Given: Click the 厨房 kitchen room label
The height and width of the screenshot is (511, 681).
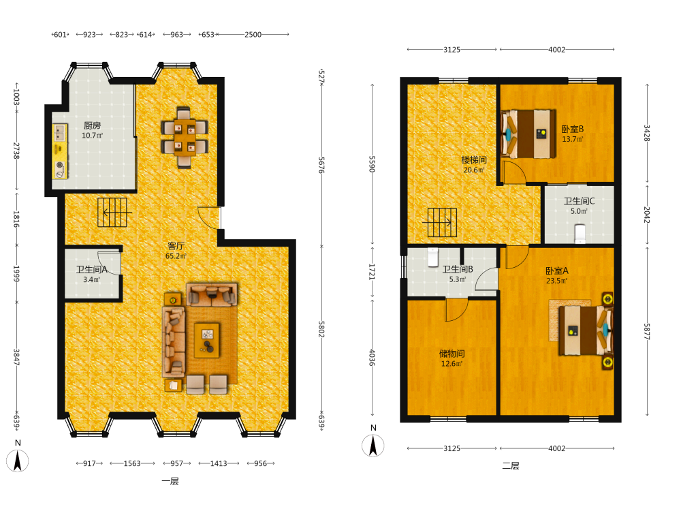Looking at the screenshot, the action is click(x=92, y=125).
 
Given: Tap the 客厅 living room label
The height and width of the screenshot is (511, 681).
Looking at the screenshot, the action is click(x=176, y=246).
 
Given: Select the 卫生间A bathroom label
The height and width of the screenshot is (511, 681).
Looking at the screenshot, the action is click(x=92, y=269).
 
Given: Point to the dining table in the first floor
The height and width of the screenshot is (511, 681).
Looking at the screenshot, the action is click(x=185, y=137).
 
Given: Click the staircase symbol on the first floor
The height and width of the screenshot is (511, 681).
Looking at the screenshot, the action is click(x=112, y=213).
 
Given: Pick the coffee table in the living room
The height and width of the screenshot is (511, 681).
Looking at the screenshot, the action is click(x=207, y=340).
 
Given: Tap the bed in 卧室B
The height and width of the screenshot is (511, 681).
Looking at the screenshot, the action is click(x=528, y=134).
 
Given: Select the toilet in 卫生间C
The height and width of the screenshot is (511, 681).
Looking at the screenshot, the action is click(x=580, y=233).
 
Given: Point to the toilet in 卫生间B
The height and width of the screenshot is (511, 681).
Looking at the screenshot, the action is click(x=433, y=257).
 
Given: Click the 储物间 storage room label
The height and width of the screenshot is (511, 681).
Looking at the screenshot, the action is click(x=452, y=353).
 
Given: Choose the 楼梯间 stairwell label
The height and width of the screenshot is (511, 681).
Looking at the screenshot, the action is click(x=474, y=160).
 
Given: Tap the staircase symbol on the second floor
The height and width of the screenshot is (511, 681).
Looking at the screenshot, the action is click(x=442, y=223).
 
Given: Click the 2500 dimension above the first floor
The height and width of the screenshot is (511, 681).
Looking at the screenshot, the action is click(x=253, y=34).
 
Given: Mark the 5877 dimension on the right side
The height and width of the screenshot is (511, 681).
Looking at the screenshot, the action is click(x=647, y=332).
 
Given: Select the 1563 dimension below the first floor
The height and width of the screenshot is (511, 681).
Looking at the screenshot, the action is click(x=132, y=463).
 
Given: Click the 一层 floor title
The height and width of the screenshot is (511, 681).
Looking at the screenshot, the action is click(x=170, y=481).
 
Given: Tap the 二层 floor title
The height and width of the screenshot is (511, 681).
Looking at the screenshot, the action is click(x=511, y=466).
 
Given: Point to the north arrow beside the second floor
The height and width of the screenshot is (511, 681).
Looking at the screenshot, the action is click(x=373, y=446).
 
